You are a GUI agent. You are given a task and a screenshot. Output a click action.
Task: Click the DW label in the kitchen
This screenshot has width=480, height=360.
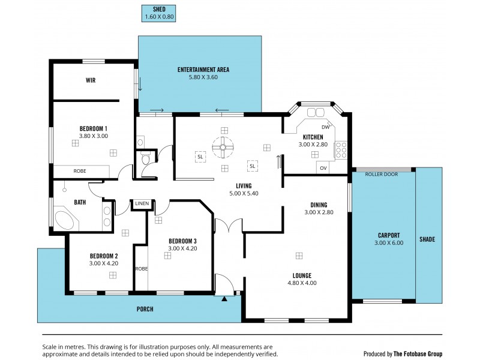tap(325, 127)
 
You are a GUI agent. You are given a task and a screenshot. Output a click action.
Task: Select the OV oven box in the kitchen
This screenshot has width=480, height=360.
tap(323, 168)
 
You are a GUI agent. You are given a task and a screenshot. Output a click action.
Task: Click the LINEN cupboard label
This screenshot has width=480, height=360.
tap(142, 203)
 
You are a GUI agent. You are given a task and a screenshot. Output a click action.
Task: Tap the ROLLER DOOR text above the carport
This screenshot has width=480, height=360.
tap(383, 174)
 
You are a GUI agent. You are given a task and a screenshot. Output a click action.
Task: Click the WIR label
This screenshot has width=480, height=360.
tap(91, 80)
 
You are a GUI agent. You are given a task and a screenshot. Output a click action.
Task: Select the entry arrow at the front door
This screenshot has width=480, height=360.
tap(224, 298)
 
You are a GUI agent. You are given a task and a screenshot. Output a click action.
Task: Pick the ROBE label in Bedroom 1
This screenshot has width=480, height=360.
tap(80, 171)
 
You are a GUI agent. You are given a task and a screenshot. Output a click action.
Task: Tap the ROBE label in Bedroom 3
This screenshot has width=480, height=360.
tap(141, 269)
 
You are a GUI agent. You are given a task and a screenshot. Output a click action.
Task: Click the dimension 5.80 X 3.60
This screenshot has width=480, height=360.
tap(203, 77)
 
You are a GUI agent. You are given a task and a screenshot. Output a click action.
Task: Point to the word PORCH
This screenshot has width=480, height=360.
tap(145, 309)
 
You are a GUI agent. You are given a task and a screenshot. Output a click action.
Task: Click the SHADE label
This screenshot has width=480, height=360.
tap(427, 239)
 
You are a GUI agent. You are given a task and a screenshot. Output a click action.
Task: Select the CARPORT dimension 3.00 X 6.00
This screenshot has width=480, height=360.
tap(389, 243)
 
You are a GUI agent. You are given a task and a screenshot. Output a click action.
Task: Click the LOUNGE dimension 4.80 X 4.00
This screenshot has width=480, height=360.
tap(302, 283)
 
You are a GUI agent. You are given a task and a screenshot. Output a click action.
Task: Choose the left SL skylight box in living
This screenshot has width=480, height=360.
tap(199, 157)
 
